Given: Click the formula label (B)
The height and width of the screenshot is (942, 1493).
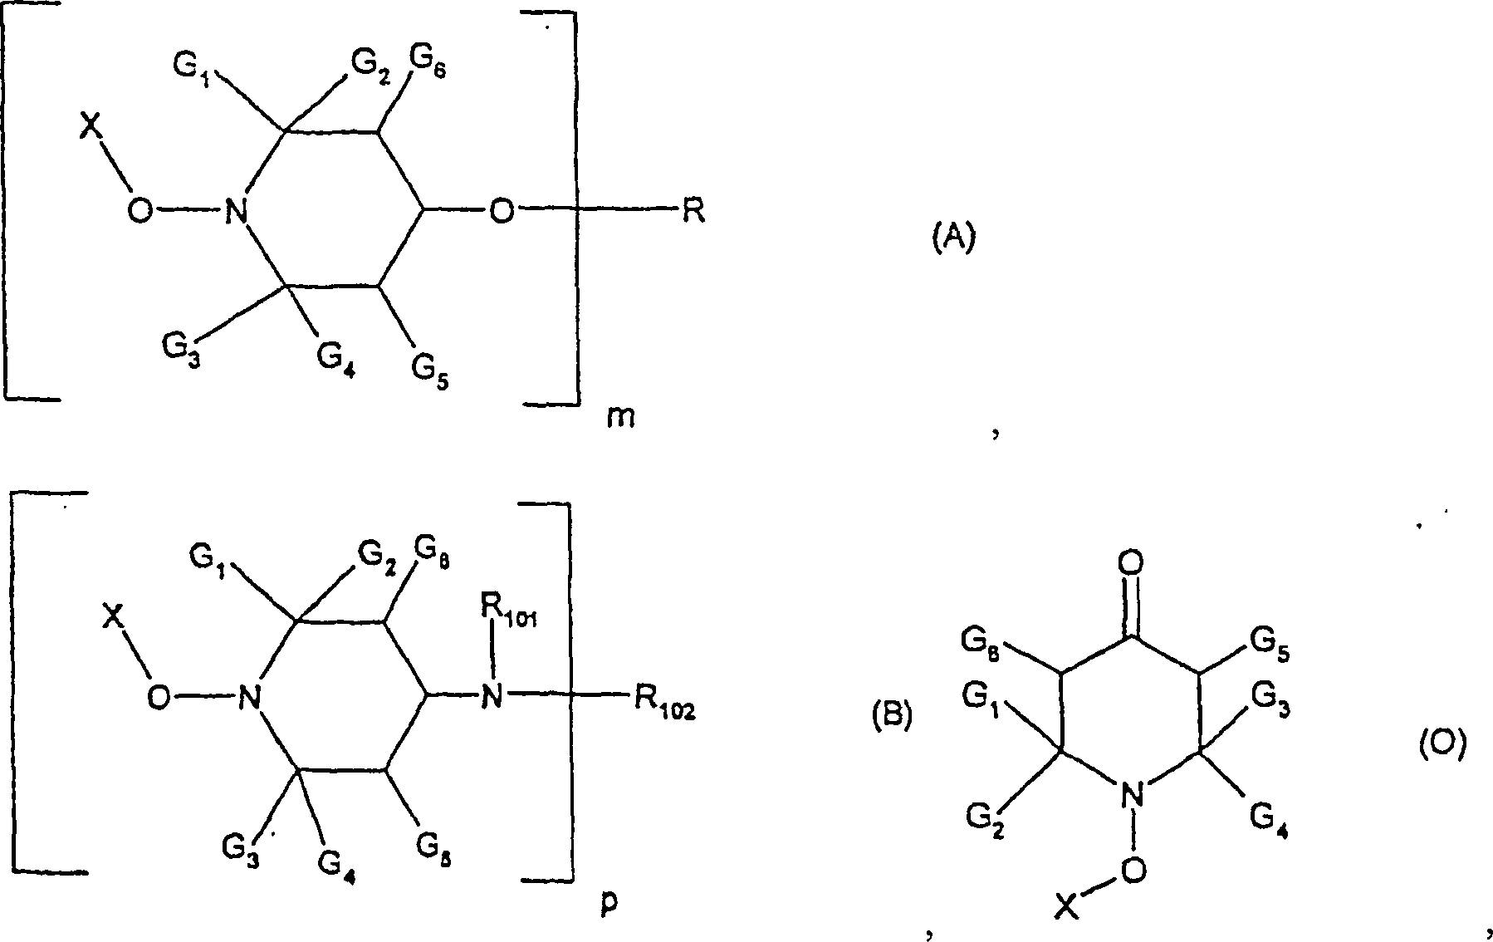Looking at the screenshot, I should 891,715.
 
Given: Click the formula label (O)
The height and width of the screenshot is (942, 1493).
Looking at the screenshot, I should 1441,745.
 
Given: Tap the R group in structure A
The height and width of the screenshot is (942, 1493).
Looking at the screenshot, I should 693,213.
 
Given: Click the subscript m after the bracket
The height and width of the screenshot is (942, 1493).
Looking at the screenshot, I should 620,416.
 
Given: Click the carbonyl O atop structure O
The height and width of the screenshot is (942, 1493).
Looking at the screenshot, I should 1130,564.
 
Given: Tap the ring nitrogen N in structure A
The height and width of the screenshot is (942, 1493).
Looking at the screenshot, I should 237,213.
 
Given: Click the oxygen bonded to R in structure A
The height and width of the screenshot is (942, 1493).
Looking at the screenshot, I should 501,213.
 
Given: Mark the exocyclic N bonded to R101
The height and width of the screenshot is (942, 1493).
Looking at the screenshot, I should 492,696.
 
